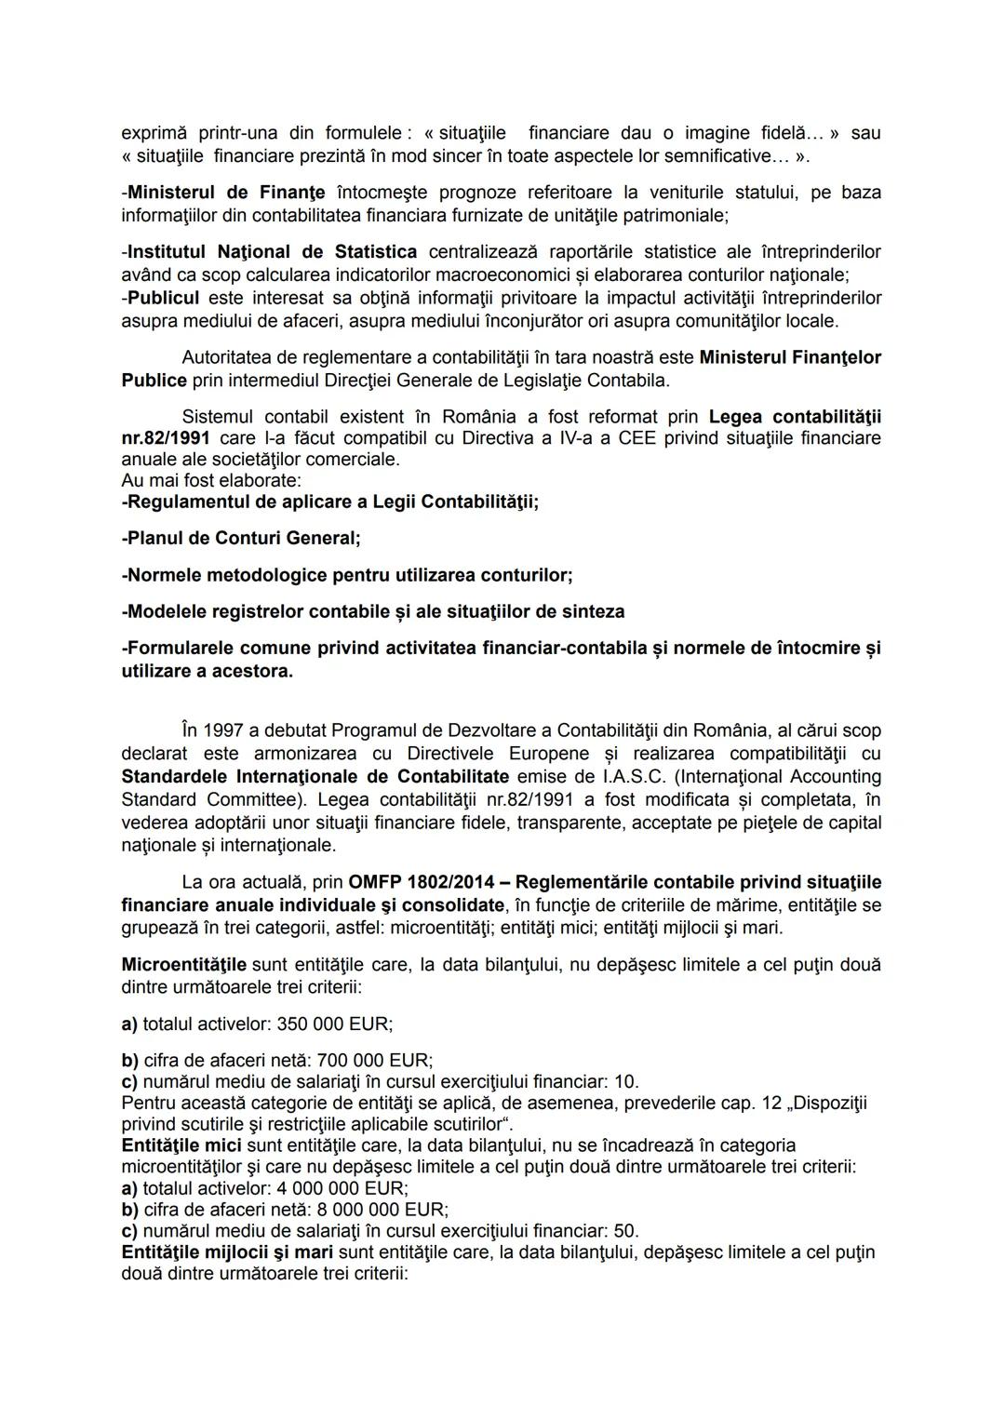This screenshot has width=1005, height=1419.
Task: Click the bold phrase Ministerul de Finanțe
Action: (226, 193)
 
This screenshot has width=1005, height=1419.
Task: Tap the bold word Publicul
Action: (163, 299)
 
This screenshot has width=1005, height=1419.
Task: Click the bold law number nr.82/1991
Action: (165, 437)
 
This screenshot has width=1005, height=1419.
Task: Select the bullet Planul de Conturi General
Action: (241, 538)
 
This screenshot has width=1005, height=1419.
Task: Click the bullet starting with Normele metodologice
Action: (346, 575)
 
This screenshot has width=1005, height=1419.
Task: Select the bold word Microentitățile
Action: (184, 965)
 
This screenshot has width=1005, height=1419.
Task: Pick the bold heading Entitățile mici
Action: (181, 1145)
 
